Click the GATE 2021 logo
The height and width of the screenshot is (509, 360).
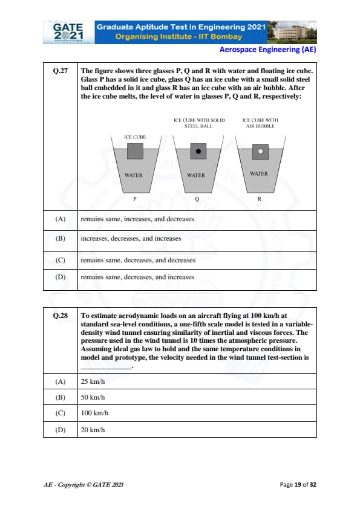point(68,32)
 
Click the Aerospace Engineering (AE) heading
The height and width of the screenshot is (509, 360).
point(267,50)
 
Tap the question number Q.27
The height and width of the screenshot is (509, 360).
point(61,71)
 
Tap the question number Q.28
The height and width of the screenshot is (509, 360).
point(61,316)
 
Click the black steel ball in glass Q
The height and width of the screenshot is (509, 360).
point(198,151)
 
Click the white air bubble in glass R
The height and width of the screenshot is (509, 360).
point(261,151)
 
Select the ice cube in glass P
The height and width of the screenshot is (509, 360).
point(135,151)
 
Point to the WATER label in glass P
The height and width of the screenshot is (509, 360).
point(134,175)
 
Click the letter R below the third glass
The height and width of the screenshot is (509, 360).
point(260,199)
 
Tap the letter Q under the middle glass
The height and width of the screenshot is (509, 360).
point(197,199)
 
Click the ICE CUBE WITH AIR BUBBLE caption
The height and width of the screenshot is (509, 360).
point(260,123)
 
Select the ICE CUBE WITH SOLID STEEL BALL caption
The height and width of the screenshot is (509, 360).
point(199,123)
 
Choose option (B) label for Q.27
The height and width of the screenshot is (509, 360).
point(61,238)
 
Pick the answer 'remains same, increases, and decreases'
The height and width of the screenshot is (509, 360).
point(137,219)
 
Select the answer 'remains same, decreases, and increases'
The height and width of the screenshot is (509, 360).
point(137,277)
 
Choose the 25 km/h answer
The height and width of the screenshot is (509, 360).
point(93,381)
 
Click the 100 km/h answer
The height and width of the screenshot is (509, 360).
point(94,413)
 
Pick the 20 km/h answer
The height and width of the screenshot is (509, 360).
point(93,430)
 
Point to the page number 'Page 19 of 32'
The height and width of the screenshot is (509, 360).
point(298,485)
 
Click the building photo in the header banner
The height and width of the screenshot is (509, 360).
point(292,32)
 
